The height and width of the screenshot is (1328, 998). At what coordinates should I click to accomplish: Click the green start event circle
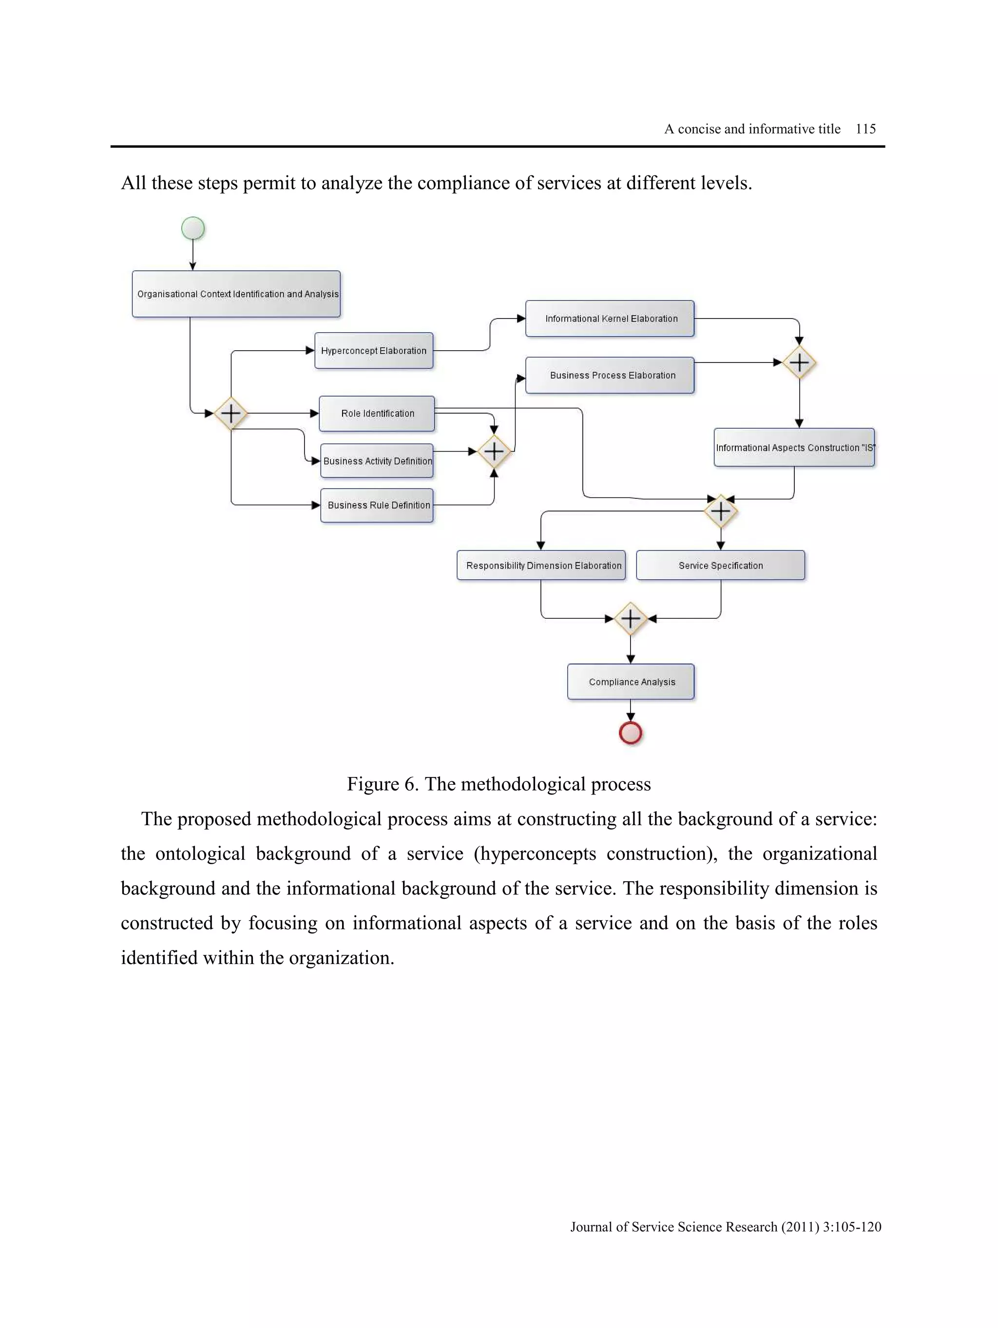(193, 228)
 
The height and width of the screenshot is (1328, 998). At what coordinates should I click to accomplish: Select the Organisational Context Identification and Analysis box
(236, 294)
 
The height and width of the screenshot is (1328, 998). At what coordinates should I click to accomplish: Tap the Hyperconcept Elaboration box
(373, 351)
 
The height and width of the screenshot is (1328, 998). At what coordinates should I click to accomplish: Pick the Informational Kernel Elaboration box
(610, 319)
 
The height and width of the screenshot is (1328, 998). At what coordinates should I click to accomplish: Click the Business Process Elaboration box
(610, 375)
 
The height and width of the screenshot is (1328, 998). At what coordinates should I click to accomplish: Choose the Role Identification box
(377, 413)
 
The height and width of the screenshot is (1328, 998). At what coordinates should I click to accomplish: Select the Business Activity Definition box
(377, 460)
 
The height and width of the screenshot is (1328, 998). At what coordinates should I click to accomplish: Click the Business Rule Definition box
(377, 505)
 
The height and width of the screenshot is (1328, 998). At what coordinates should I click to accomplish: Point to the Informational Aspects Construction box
(794, 447)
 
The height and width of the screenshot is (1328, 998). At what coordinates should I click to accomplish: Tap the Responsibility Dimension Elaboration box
(541, 565)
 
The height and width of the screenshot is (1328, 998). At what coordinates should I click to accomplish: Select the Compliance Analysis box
(631, 682)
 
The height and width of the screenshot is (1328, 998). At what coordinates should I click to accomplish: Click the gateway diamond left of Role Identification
(230, 413)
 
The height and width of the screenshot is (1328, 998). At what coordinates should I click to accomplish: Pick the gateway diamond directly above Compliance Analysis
(630, 618)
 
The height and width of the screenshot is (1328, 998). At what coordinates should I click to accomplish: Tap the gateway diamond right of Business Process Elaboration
(799, 362)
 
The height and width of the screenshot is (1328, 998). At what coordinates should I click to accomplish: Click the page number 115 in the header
(865, 129)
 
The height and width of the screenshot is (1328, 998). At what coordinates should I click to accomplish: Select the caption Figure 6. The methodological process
(499, 783)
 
